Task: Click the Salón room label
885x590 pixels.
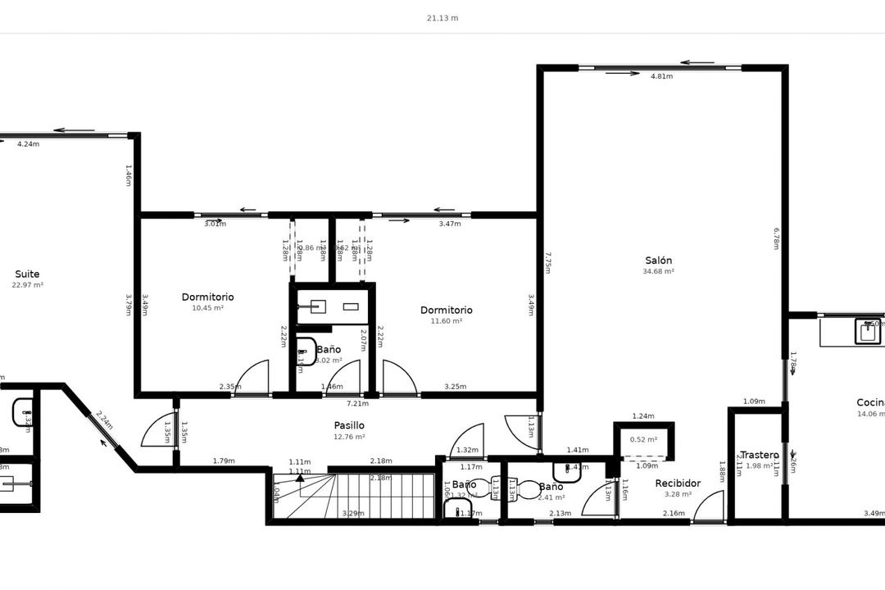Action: (658, 261)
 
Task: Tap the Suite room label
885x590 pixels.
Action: (27, 274)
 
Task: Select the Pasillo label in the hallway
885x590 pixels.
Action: (349, 425)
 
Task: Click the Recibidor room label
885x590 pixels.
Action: (678, 483)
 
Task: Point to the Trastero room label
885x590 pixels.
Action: (759, 455)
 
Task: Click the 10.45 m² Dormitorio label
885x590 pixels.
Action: (207, 297)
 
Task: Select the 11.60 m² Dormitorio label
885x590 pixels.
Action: (446, 310)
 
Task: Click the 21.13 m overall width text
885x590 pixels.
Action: (442, 17)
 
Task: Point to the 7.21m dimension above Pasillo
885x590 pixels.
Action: (356, 403)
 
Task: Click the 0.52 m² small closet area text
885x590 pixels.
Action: (643, 439)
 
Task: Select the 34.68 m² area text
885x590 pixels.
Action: (658, 271)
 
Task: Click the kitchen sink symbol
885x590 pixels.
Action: (868, 331)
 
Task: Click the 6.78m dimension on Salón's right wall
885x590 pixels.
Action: (776, 238)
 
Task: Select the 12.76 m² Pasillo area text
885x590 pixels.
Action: (349, 437)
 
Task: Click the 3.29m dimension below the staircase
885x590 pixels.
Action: (353, 514)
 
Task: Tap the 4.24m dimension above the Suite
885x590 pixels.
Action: (28, 144)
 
